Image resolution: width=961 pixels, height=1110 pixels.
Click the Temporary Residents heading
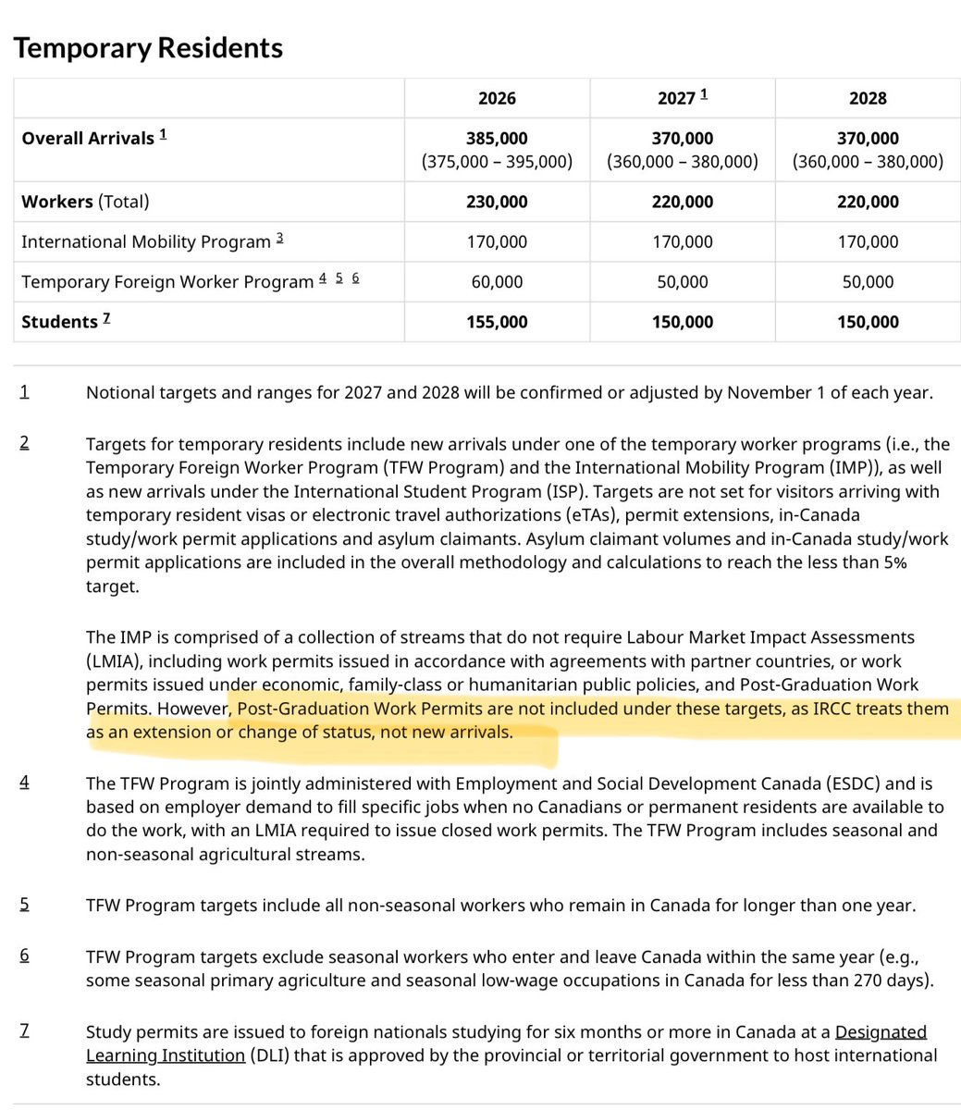tap(148, 47)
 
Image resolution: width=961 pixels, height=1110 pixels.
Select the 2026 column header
tap(497, 98)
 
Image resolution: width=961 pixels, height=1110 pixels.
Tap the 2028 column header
tap(868, 98)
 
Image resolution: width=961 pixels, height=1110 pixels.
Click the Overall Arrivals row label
tap(88, 138)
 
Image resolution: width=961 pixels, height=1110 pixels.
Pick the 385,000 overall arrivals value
tap(497, 138)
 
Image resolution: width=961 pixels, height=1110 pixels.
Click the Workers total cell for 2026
tap(497, 202)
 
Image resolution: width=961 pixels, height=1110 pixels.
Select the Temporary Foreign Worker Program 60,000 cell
tap(497, 281)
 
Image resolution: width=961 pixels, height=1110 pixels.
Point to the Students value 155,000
tap(497, 322)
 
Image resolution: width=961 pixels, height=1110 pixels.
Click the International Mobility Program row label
tap(145, 241)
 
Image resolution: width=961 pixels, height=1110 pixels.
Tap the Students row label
tap(59, 322)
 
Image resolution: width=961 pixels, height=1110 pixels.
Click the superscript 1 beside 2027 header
tap(703, 94)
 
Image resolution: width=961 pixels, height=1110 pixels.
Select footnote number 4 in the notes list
tap(24, 783)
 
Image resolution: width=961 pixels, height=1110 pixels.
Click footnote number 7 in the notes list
tap(24, 1030)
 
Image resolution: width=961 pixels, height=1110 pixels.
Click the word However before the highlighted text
tap(192, 709)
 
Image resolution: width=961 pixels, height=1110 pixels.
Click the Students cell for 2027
tap(682, 322)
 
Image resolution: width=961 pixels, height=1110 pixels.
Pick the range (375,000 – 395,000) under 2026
tap(497, 161)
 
